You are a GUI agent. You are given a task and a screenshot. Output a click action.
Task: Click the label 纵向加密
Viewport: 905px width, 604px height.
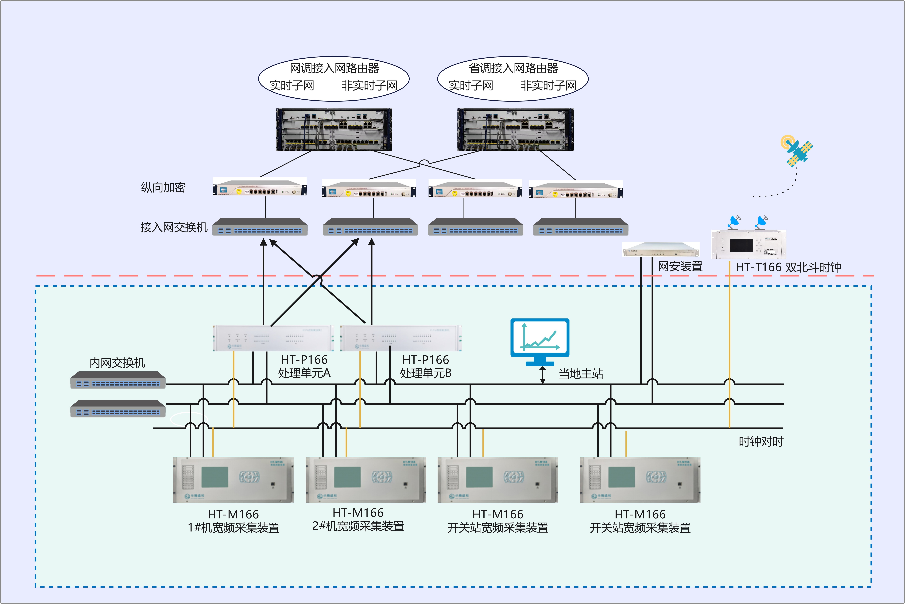point(163,188)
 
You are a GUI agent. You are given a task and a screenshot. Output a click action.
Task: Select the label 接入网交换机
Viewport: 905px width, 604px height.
point(174,227)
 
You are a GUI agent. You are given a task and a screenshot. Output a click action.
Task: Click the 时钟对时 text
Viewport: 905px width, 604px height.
point(761,441)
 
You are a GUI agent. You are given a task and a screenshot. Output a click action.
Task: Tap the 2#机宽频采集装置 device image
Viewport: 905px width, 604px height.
point(366,480)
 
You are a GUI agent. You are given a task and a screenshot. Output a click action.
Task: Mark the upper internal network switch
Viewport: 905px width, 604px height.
point(118,380)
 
